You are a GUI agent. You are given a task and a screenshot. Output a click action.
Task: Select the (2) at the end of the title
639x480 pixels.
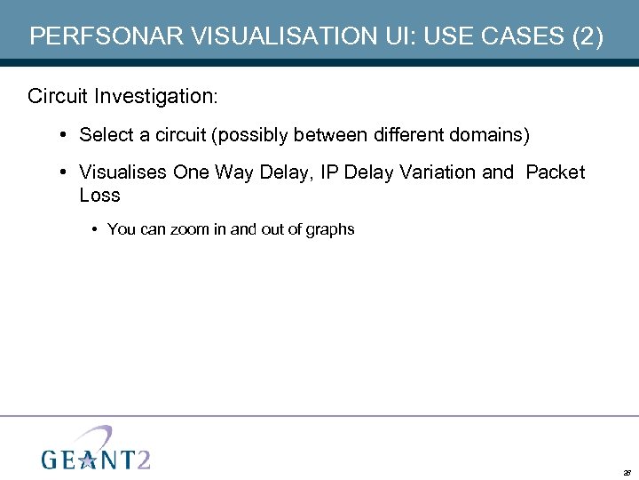[588, 36]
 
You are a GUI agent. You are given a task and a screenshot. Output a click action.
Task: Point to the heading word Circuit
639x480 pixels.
[58, 95]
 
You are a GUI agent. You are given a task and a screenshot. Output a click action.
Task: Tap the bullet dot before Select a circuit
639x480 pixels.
[66, 135]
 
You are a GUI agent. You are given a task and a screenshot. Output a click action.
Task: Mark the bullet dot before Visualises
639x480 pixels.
[66, 172]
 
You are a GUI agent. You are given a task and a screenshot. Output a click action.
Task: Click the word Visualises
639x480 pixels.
[123, 172]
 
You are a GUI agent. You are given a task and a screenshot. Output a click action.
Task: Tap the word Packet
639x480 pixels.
[556, 172]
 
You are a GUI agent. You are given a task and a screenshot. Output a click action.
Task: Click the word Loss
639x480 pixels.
[99, 195]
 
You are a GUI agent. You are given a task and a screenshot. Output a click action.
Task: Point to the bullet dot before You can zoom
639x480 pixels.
[94, 229]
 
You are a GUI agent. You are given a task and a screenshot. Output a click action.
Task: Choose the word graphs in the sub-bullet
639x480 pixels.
[330, 229]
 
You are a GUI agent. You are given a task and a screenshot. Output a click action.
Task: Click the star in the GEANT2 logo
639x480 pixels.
[88, 459]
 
